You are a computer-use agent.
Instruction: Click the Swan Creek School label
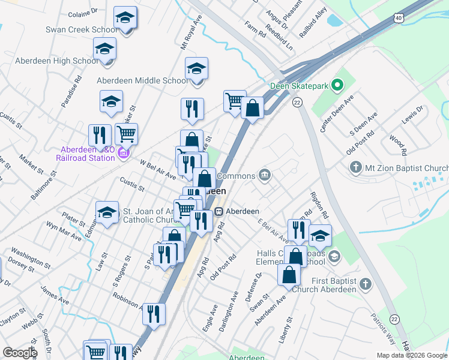(82, 29)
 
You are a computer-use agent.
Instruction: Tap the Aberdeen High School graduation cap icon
(104, 49)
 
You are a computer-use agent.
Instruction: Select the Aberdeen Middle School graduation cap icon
(196, 69)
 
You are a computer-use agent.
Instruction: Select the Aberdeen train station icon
(220, 211)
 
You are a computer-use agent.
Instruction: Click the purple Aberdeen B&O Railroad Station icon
(123, 154)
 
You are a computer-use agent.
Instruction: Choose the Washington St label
(29, 259)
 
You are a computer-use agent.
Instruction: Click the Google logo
(19, 353)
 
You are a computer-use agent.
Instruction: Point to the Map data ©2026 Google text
(411, 355)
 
